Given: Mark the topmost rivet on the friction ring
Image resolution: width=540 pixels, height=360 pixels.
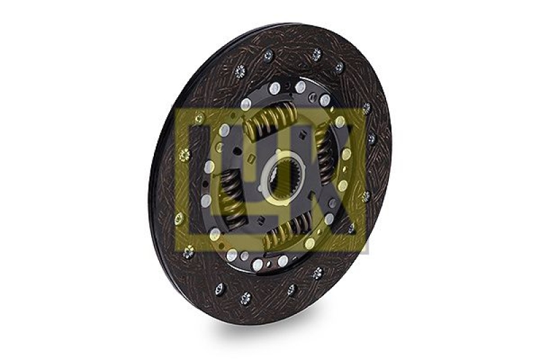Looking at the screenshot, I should pyautogui.click(x=317, y=55).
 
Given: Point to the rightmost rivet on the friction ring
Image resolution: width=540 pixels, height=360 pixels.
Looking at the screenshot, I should pyautogui.click(x=371, y=138).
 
